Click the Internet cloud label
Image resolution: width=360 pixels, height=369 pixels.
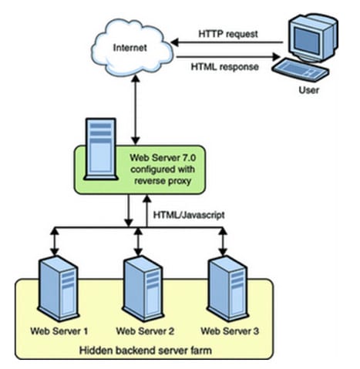click(130, 48)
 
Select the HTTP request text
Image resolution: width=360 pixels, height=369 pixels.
click(228, 34)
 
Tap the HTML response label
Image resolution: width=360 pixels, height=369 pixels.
click(225, 67)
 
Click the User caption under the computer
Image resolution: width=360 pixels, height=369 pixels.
click(308, 90)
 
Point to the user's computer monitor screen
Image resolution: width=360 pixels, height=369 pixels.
click(307, 40)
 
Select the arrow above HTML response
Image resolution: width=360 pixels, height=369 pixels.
click(228, 57)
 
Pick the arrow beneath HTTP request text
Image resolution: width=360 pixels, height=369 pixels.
click(227, 42)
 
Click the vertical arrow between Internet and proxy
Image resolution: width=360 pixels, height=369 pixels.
click(136, 109)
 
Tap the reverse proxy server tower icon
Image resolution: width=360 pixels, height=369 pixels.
click(101, 149)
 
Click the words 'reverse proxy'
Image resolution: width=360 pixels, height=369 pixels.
click(163, 181)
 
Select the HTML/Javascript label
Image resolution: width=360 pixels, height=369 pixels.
click(189, 215)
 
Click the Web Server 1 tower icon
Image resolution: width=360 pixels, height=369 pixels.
click(59, 288)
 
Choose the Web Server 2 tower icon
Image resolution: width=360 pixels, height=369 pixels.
click(143, 288)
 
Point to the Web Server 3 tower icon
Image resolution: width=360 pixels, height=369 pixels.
click(227, 288)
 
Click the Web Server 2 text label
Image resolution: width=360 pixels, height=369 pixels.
click(145, 331)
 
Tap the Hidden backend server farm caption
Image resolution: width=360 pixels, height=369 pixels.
click(146, 351)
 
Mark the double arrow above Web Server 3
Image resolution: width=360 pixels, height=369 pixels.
click(223, 241)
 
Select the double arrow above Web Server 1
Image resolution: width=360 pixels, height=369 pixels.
click(54, 241)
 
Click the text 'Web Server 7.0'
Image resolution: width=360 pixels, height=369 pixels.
click(163, 157)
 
